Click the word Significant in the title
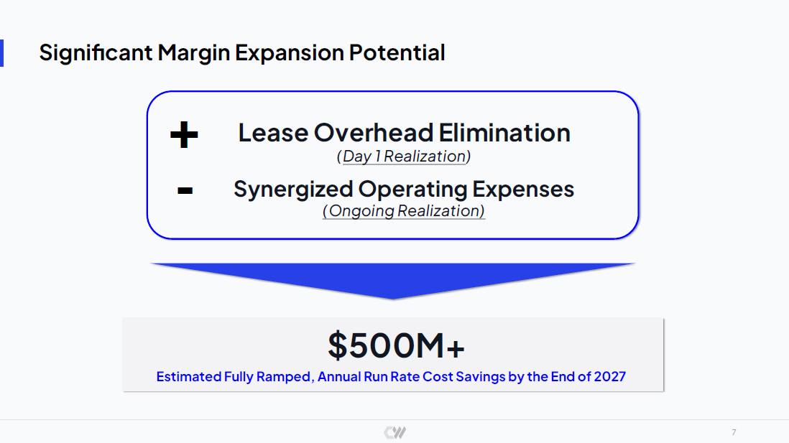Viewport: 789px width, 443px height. (x=96, y=53)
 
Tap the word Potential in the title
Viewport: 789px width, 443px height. (x=397, y=52)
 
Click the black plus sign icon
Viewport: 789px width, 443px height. (x=184, y=135)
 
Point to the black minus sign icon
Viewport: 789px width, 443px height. (x=185, y=190)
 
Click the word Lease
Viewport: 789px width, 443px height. (x=273, y=133)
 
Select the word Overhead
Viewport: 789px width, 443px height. (x=374, y=133)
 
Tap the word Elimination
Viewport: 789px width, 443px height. (x=504, y=133)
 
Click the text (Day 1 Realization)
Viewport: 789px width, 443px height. (x=404, y=157)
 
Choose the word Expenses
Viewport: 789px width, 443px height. (x=523, y=189)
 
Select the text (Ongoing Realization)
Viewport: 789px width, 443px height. (x=404, y=210)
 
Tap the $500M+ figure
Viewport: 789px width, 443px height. (x=396, y=345)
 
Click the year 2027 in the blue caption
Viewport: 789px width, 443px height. (x=610, y=377)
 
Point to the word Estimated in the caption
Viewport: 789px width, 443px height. (x=188, y=377)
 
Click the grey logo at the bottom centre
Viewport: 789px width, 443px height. (x=395, y=432)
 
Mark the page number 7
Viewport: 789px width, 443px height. (x=734, y=432)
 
